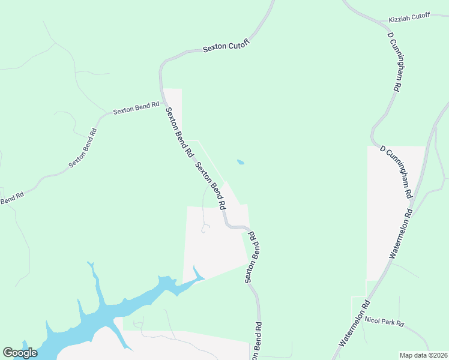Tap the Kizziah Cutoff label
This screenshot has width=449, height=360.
click(x=409, y=16)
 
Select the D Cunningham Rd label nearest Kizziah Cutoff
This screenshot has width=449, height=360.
click(x=394, y=62)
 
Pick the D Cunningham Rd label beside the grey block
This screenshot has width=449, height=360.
click(x=397, y=172)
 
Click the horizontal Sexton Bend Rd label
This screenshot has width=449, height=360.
click(x=136, y=108)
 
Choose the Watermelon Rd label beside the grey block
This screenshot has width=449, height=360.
click(x=401, y=233)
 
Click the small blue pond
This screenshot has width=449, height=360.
click(x=241, y=162)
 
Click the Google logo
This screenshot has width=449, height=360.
click(x=20, y=353)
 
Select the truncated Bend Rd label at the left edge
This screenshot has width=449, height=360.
click(x=11, y=199)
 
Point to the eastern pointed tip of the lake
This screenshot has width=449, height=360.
click(x=203, y=278)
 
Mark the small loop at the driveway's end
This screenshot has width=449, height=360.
click(x=205, y=228)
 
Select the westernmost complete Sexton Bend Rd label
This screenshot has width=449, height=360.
click(x=83, y=148)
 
